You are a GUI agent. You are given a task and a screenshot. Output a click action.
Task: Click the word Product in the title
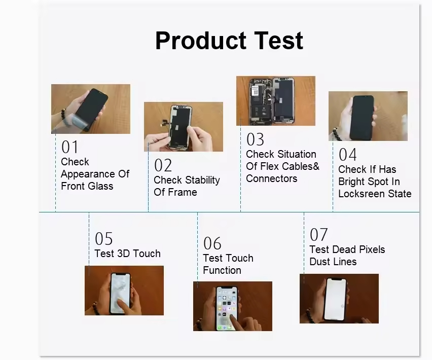pyautogui.click(x=201, y=41)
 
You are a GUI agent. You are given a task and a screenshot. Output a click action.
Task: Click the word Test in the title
pyautogui.click(x=278, y=41)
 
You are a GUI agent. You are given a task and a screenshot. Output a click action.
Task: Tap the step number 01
pyautogui.click(x=69, y=147)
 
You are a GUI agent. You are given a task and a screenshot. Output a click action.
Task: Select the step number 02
pyautogui.click(x=163, y=165)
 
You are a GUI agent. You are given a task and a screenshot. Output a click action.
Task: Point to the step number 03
pyautogui.click(x=255, y=139)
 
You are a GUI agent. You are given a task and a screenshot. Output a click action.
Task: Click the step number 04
pyautogui.click(x=347, y=155)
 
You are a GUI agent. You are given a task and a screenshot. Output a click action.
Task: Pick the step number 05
pyautogui.click(x=103, y=238)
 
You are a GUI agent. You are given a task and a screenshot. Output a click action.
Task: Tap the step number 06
pyautogui.click(x=212, y=243)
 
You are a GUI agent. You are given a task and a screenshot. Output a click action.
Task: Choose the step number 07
pyautogui.click(x=318, y=235)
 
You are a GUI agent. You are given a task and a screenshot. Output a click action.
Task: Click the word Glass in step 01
pyautogui.click(x=100, y=186)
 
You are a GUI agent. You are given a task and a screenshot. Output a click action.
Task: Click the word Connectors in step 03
pyautogui.click(x=271, y=179)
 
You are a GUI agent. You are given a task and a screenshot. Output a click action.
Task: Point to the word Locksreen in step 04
pyautogui.click(x=362, y=194)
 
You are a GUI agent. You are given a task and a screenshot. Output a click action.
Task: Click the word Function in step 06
pyautogui.click(x=222, y=270)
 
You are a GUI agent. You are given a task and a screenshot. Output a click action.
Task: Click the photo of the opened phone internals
pyautogui.click(x=276, y=101)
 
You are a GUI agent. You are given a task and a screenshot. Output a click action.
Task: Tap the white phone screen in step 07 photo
pyautogui.click(x=335, y=300)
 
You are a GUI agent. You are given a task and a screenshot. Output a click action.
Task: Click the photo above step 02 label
pyautogui.click(x=184, y=127)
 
